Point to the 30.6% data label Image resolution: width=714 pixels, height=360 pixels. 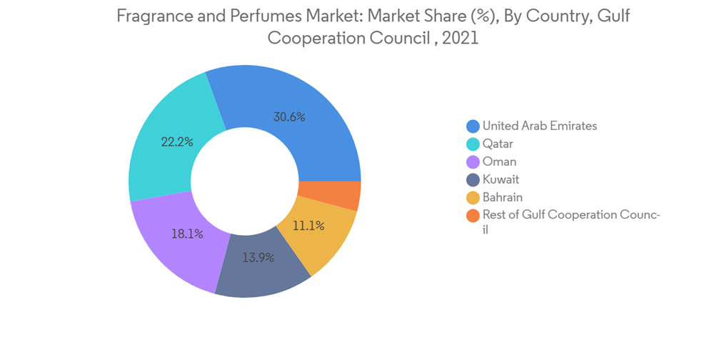pos(289,117)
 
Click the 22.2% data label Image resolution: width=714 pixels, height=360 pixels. pos(177,141)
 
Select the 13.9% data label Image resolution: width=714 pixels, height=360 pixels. pos(258,257)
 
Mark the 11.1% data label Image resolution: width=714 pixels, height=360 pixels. pos(309,226)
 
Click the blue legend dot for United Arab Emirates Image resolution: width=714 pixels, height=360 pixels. pos(473,126)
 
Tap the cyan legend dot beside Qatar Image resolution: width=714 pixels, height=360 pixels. pos(473,144)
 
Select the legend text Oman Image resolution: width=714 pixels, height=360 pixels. pos(499,161)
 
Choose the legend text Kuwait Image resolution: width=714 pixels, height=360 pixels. pos(501,179)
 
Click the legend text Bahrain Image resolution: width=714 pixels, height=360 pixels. pos(503,197)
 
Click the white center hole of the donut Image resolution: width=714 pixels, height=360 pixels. pos(245,179)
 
